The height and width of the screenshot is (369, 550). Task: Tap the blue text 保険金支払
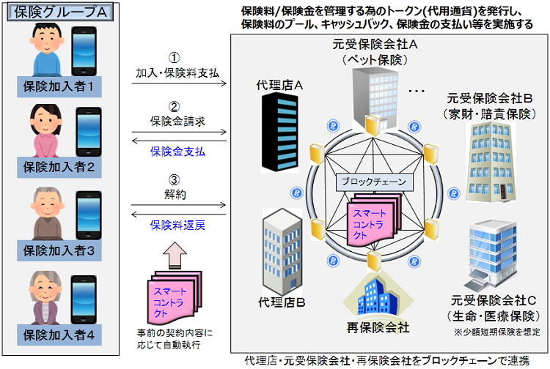pos(177,152)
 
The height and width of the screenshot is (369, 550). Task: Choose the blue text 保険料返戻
pos(177,225)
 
